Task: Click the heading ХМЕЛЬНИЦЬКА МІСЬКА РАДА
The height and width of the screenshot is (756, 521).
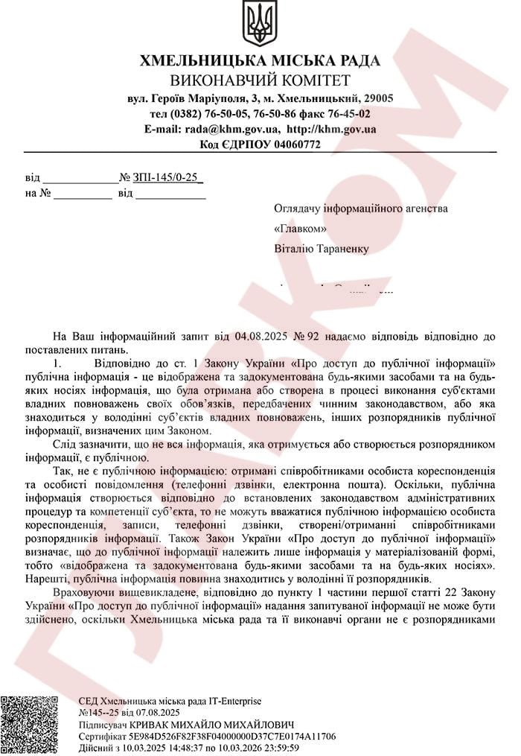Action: (260, 62)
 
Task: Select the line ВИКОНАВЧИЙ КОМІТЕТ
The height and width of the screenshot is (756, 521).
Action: (260, 80)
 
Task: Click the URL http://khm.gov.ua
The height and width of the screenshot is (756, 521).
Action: (331, 129)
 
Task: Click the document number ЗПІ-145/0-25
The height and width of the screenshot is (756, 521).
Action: (166, 178)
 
